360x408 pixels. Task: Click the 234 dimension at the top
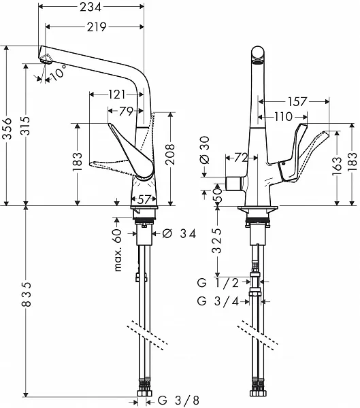pyautogui.click(x=91, y=7)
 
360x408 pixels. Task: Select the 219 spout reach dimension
pyautogui.click(x=97, y=27)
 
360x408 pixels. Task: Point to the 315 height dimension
pyautogui.click(x=26, y=126)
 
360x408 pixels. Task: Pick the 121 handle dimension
pyautogui.click(x=116, y=95)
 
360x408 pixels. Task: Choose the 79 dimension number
pyautogui.click(x=126, y=112)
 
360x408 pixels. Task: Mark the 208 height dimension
pyautogui.click(x=170, y=154)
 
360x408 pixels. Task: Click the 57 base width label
pyautogui.click(x=144, y=200)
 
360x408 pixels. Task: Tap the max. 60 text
pyautogui.click(x=118, y=250)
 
